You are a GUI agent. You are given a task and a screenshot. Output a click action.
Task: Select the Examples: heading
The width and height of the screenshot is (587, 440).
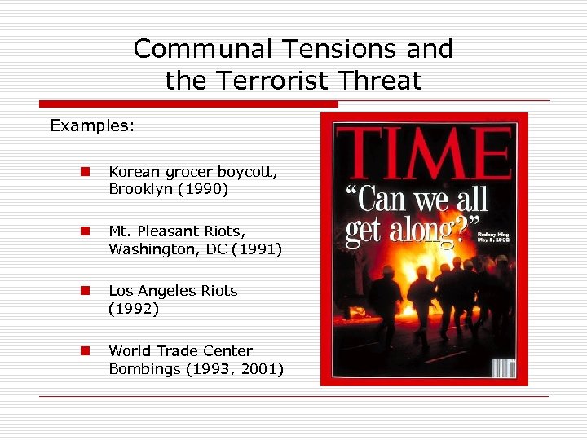tap(92, 125)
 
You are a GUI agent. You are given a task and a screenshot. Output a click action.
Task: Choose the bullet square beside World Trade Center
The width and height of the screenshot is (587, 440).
tap(85, 351)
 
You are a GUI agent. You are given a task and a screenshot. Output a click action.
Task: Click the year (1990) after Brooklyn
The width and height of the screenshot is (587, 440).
tap(203, 189)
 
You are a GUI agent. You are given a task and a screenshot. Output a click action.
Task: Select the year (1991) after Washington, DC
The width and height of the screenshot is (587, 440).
tap(256, 249)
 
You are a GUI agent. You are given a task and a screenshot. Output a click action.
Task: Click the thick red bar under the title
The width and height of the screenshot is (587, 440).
tap(188, 104)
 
